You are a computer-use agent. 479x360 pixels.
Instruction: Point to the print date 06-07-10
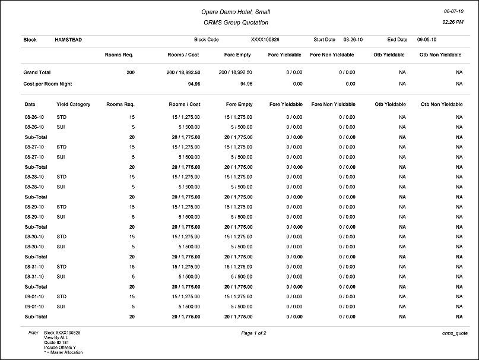[453, 11]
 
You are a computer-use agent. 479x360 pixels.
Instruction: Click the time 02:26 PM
[453, 22]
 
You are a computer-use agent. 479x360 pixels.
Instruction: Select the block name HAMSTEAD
[68, 40]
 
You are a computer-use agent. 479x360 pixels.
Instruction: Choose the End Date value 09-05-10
[427, 40]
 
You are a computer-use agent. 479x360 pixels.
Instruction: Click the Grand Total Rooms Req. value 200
[131, 72]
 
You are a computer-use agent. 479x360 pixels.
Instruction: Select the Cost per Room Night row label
[47, 84]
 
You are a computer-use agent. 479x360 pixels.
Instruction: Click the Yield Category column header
[74, 105]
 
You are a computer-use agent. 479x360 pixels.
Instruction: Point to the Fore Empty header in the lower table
[239, 105]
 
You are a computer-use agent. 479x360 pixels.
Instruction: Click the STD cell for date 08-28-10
[62, 177]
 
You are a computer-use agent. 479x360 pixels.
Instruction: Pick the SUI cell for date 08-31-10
[61, 277]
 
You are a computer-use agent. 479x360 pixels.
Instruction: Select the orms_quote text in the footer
[452, 333]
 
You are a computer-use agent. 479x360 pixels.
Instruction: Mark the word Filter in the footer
[33, 333]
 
